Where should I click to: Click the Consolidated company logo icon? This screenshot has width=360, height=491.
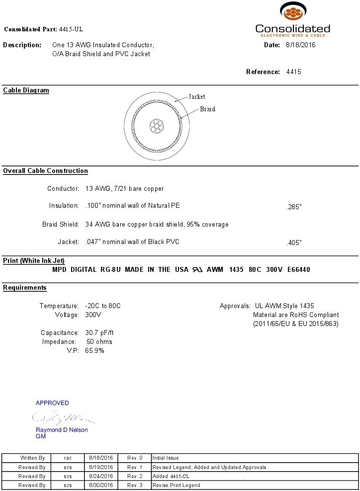[x=292, y=11]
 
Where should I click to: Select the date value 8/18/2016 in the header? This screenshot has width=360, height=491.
[x=300, y=45]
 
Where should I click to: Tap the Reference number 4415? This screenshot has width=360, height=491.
[x=294, y=72]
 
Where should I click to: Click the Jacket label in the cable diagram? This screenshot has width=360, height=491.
[x=197, y=97]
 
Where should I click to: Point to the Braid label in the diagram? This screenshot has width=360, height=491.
[x=207, y=109]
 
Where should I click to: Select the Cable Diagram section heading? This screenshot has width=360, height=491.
[x=26, y=90]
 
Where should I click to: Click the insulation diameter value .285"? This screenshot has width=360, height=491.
[x=294, y=207]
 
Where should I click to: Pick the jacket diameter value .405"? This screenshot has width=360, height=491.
[x=294, y=243]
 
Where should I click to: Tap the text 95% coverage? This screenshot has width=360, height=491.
[x=207, y=225]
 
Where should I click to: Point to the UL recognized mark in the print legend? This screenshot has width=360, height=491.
[x=197, y=270]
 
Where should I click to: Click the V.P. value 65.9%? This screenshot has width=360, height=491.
[x=95, y=351]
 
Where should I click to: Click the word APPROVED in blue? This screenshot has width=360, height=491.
[x=52, y=403]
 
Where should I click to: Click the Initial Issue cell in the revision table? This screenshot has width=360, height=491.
[x=166, y=458]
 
